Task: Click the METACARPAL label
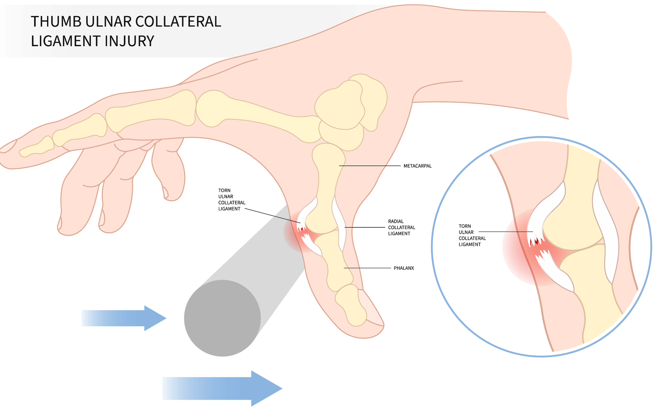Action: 417,166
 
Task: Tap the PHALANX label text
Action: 404,268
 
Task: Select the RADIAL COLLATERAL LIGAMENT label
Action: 401,228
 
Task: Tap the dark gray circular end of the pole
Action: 222,318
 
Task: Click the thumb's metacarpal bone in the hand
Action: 327,188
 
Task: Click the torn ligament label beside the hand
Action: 231,200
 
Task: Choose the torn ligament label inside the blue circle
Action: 472,235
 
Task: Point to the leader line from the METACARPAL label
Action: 370,166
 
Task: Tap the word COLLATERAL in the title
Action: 178,22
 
